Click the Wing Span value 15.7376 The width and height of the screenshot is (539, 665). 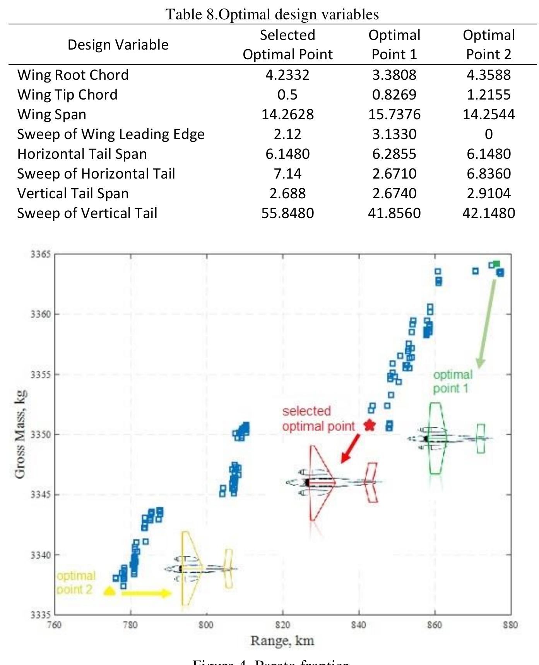pyautogui.click(x=394, y=114)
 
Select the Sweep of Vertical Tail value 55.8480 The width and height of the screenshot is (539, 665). pyautogui.click(x=287, y=213)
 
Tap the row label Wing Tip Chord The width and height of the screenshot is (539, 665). pyautogui.click(x=67, y=95)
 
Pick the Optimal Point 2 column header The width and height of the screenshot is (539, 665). pyautogui.click(x=488, y=45)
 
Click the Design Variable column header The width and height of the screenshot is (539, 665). pyautogui.click(x=118, y=45)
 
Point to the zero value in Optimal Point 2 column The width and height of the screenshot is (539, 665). pyautogui.click(x=489, y=134)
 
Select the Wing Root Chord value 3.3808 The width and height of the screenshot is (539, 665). pyautogui.click(x=394, y=75)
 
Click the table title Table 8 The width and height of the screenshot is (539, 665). pyautogui.click(x=272, y=14)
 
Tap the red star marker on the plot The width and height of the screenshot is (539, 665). pyautogui.click(x=370, y=425)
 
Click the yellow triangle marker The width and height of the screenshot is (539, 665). pyautogui.click(x=110, y=591)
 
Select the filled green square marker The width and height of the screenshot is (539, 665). pyautogui.click(x=496, y=264)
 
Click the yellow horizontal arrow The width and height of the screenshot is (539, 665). pyautogui.click(x=146, y=593)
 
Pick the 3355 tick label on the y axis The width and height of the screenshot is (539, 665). pyautogui.click(x=40, y=375)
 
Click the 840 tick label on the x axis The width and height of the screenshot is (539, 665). pyautogui.click(x=359, y=625)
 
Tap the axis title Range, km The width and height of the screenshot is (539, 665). pyautogui.click(x=282, y=641)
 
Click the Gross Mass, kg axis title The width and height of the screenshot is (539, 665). pyautogui.click(x=20, y=434)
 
